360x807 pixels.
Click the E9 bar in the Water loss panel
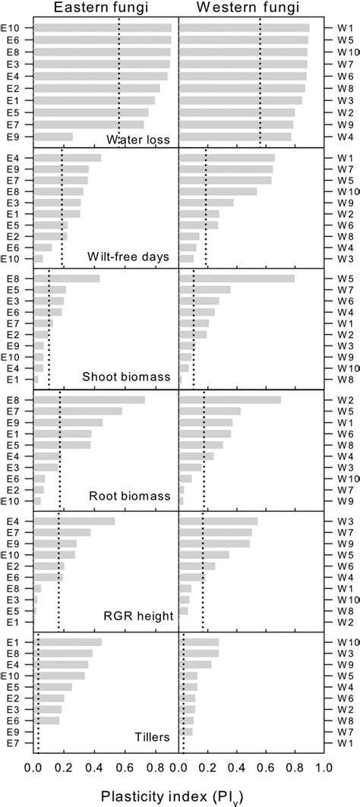[x=54, y=137]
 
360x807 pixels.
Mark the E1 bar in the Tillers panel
[x=68, y=642]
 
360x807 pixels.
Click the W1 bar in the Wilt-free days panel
[x=226, y=158]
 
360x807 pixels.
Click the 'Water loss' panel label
[x=137, y=139]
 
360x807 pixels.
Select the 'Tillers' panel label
[x=149, y=736]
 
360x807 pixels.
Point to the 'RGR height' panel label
[x=141, y=616]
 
